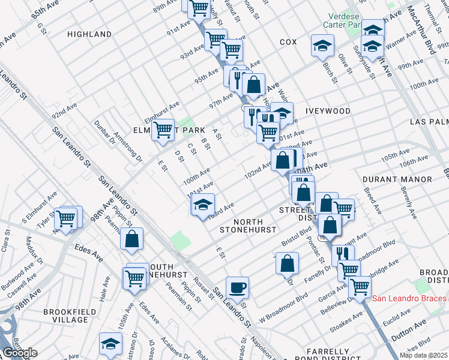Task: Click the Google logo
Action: click(x=20, y=353)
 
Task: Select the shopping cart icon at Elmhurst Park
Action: click(x=163, y=130)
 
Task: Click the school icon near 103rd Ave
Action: click(x=203, y=205)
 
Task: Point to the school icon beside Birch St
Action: click(x=322, y=45)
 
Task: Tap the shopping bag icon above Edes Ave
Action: click(x=131, y=239)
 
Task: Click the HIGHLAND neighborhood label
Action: click(x=89, y=35)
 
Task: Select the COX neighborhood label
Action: click(x=288, y=42)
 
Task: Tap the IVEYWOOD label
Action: click(x=328, y=111)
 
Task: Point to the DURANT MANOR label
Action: click(x=397, y=179)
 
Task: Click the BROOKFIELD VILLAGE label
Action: click(x=66, y=316)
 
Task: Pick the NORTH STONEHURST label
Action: click(x=247, y=226)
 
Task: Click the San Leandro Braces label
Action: click(x=410, y=298)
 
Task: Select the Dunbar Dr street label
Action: click(x=104, y=133)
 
